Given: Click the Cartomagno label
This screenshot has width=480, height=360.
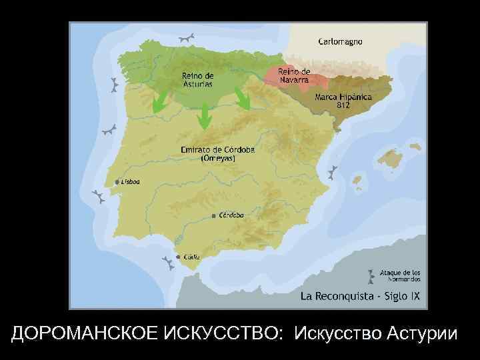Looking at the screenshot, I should point(340,41).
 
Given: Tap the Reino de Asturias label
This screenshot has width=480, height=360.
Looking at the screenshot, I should point(198,79).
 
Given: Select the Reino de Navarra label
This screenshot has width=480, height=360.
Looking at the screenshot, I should point(293,75).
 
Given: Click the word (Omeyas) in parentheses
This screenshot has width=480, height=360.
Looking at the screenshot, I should point(217,159).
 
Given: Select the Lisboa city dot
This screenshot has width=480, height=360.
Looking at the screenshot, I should point(117,181).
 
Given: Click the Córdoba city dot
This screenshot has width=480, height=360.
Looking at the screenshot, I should point(213,216).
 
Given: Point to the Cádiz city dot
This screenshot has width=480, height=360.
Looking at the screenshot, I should point(177,256).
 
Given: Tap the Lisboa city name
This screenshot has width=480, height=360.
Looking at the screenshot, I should point(131,181).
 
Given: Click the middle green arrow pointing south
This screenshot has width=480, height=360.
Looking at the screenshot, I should point(205,118).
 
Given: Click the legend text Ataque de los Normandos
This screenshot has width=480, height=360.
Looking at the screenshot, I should point(400,275).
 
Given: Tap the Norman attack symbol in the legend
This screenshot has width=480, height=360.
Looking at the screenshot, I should point(370,275).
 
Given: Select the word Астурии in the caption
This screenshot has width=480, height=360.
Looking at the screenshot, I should point(423,332).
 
